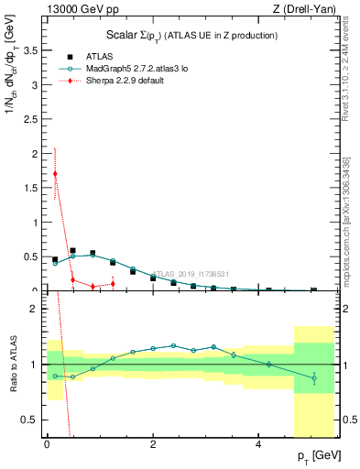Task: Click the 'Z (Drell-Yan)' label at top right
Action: pos(308,8)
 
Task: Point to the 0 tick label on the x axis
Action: pos(47,445)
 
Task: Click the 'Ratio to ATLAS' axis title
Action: pos(11,365)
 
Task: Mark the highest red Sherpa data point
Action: pos(55,174)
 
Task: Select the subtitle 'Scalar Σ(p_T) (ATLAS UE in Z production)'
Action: pos(187,35)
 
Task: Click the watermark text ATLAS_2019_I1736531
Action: pos(191,274)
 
